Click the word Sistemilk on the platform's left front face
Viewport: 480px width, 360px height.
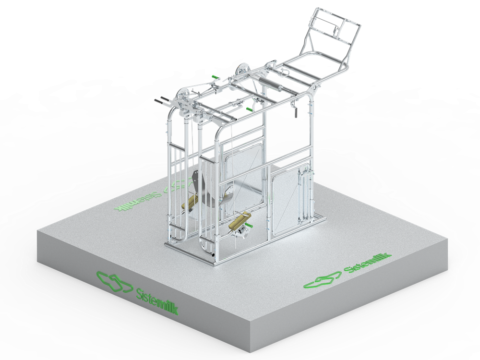pyautogui.click(x=156, y=301)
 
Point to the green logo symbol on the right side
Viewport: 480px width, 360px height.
pyautogui.click(x=322, y=279)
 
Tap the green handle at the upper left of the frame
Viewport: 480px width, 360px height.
pyautogui.click(x=216, y=77)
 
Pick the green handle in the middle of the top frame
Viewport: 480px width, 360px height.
pyautogui.click(x=250, y=109)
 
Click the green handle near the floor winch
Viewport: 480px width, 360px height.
pyautogui.click(x=248, y=226)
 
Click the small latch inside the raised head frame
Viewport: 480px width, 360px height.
pyautogui.click(x=336, y=30)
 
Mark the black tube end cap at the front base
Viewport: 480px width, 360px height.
pyautogui.click(x=214, y=255)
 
